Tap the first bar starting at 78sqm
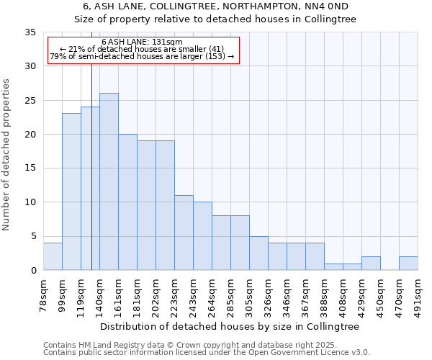coord(53,256)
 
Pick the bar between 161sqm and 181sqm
coord(127,202)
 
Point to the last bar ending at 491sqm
coord(408,263)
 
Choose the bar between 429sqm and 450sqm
coord(371,263)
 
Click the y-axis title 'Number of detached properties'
coord(7,155)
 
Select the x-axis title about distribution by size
coord(230,326)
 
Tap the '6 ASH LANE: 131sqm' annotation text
coord(142,42)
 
